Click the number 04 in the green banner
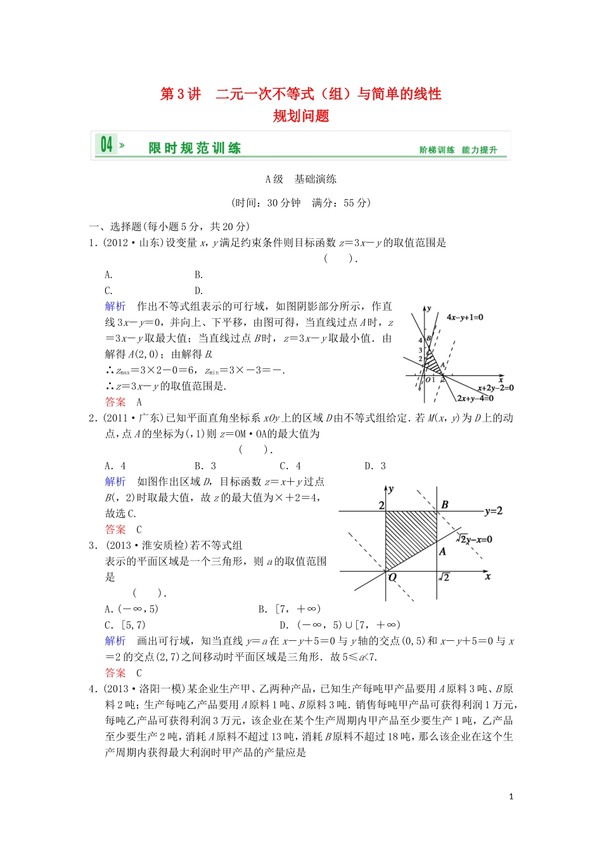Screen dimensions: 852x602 click(x=106, y=145)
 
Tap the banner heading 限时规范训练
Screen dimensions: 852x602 click(x=195, y=148)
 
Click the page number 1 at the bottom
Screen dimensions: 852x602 click(x=511, y=797)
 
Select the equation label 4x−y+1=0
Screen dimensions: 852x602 click(x=464, y=317)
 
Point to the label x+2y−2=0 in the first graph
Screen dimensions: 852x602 click(x=496, y=387)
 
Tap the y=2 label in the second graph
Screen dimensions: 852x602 click(x=493, y=510)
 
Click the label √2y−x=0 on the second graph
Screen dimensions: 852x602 click(x=474, y=539)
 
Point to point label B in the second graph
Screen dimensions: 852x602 click(x=445, y=505)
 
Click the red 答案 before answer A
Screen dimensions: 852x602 click(x=115, y=402)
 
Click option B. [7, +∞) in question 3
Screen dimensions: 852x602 click(x=289, y=609)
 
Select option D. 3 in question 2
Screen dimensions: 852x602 click(x=375, y=466)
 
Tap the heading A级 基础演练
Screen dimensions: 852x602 click(x=300, y=179)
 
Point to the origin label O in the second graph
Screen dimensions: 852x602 click(x=392, y=577)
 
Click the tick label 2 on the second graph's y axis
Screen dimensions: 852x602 click(x=381, y=505)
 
